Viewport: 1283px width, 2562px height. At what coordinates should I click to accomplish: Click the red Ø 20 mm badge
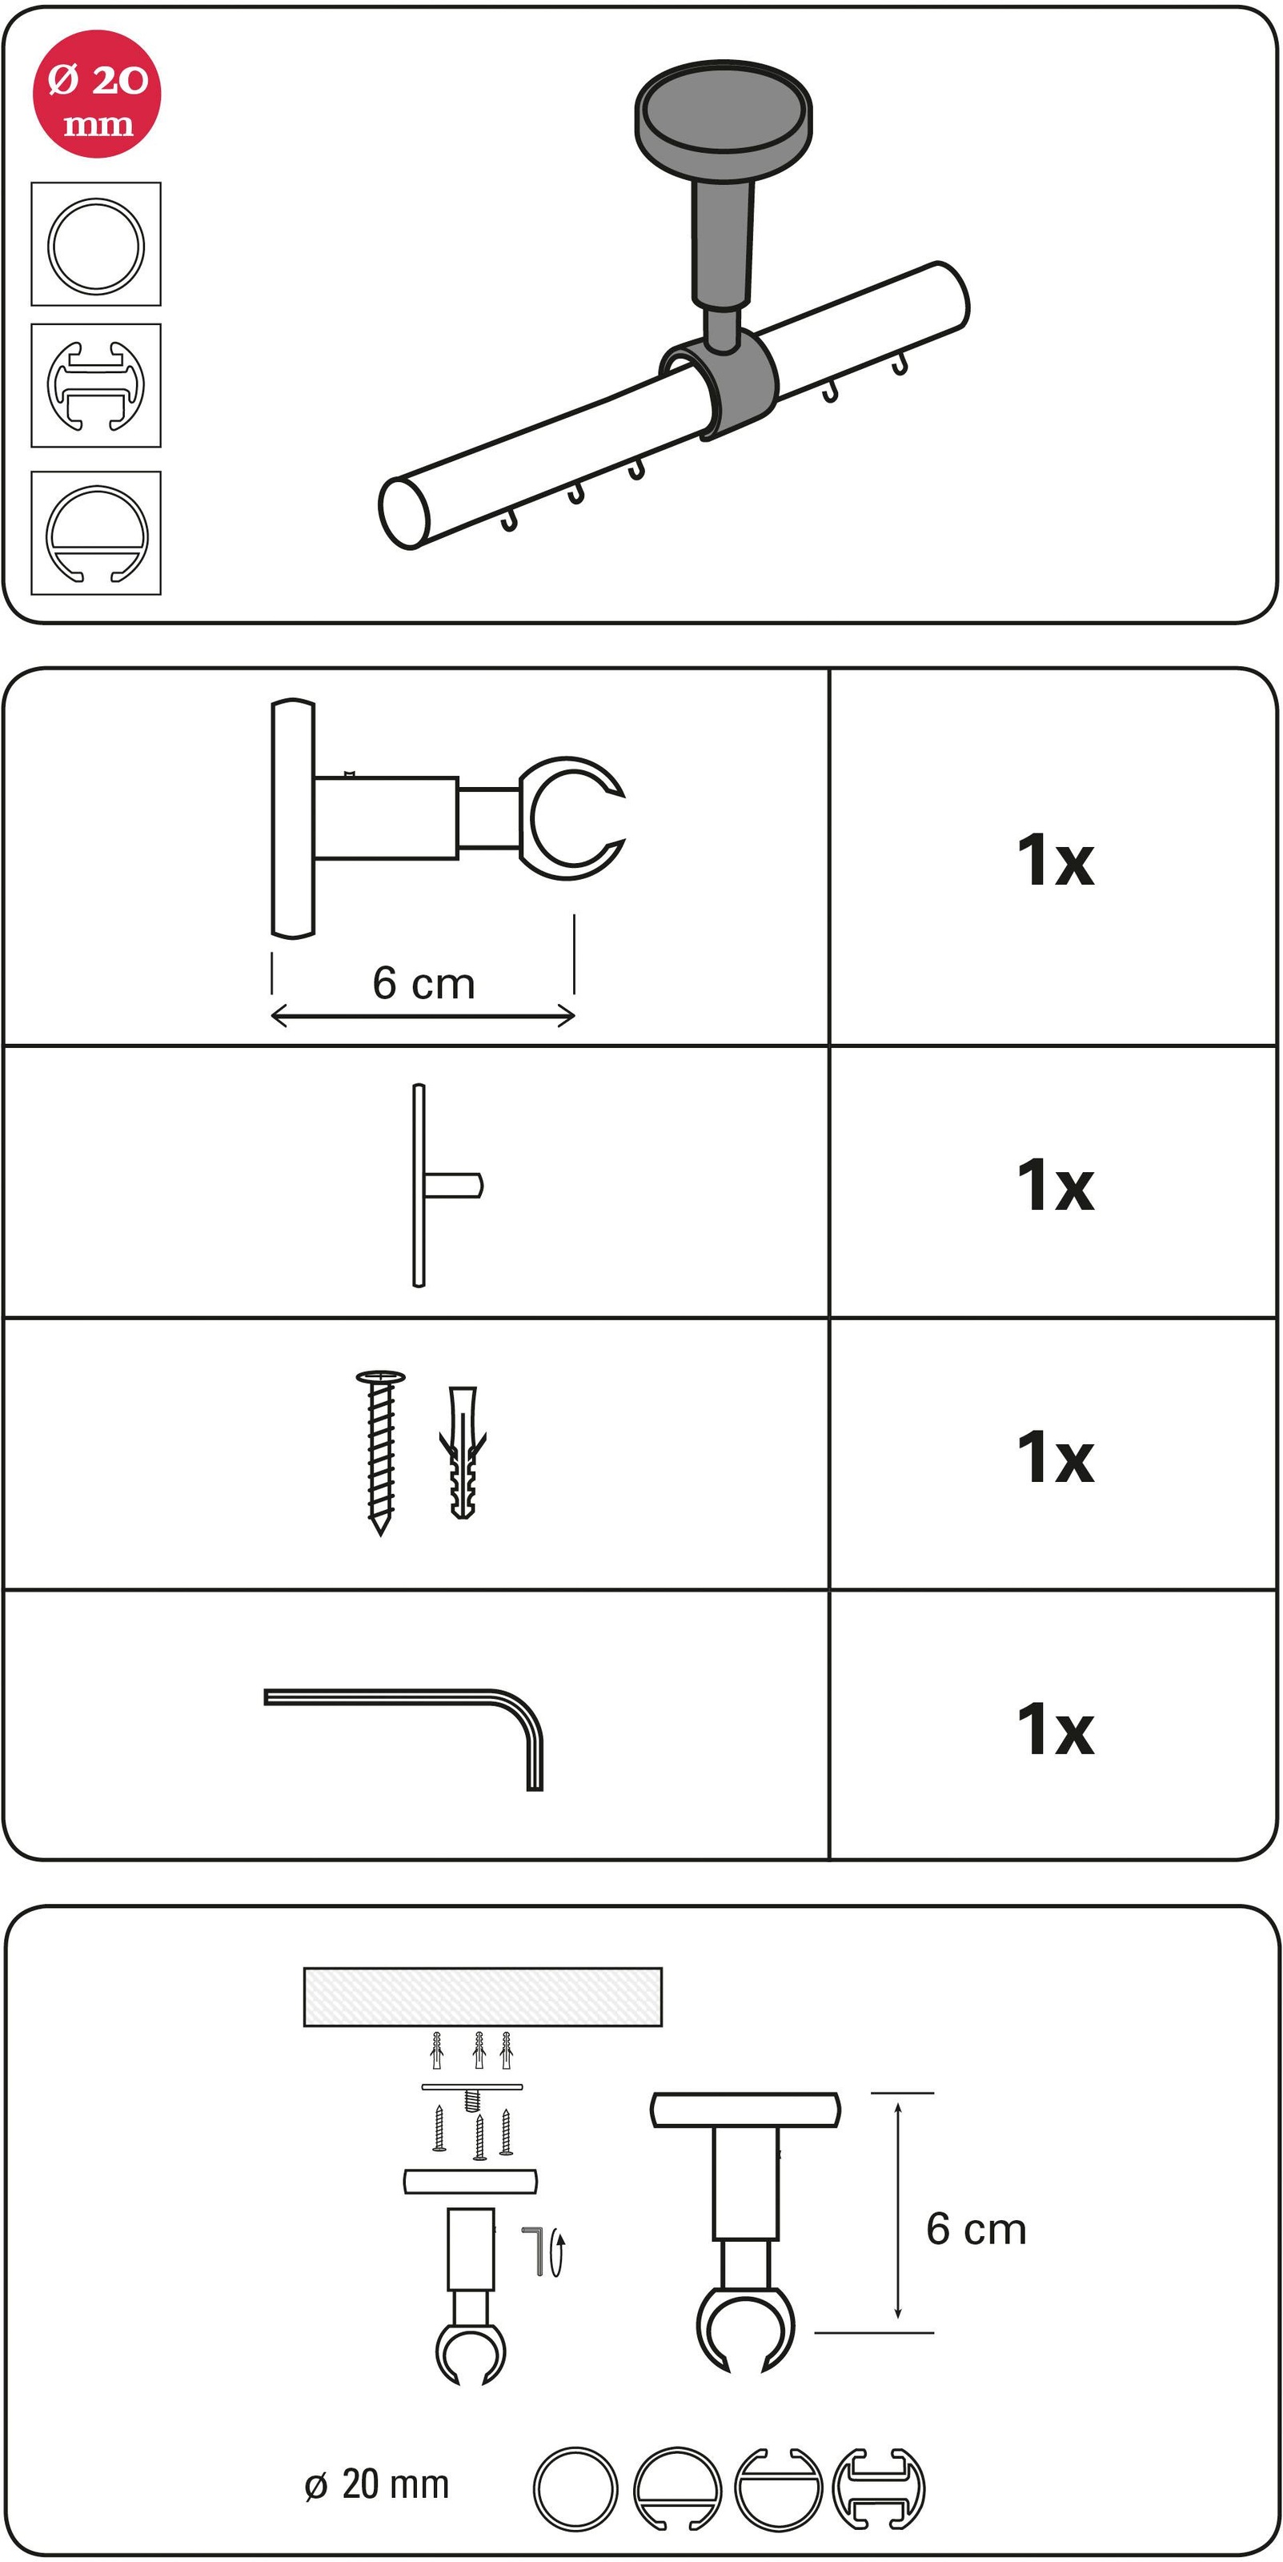coord(97,94)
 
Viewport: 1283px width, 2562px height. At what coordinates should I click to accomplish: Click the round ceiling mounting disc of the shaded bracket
coord(724,107)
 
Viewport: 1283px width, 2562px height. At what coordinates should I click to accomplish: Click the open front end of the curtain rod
coord(404,513)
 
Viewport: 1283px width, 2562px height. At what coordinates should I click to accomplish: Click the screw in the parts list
coord(380,1453)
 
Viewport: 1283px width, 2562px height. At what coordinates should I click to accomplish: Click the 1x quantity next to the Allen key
coord(1055,1730)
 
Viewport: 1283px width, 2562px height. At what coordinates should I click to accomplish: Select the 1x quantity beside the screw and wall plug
coord(1055,1457)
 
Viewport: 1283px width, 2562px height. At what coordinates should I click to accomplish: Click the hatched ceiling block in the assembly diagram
coord(483,1996)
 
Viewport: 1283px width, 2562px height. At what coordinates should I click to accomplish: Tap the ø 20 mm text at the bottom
coord(377,2484)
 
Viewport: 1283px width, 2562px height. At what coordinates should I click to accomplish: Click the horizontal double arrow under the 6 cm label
coord(423,1015)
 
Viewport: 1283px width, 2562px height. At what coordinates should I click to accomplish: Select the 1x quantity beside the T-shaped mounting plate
coord(1055,1186)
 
